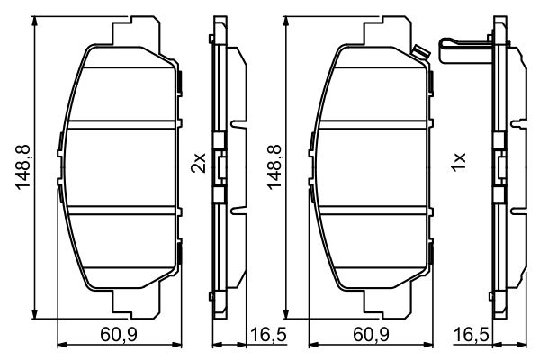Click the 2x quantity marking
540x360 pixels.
click(x=200, y=163)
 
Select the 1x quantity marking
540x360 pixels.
click(x=458, y=163)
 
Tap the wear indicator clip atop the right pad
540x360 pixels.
click(x=415, y=52)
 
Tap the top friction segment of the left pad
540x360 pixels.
click(x=121, y=90)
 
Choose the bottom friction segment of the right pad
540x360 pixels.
click(x=373, y=247)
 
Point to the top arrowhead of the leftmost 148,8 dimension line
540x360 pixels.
click(x=33, y=20)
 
